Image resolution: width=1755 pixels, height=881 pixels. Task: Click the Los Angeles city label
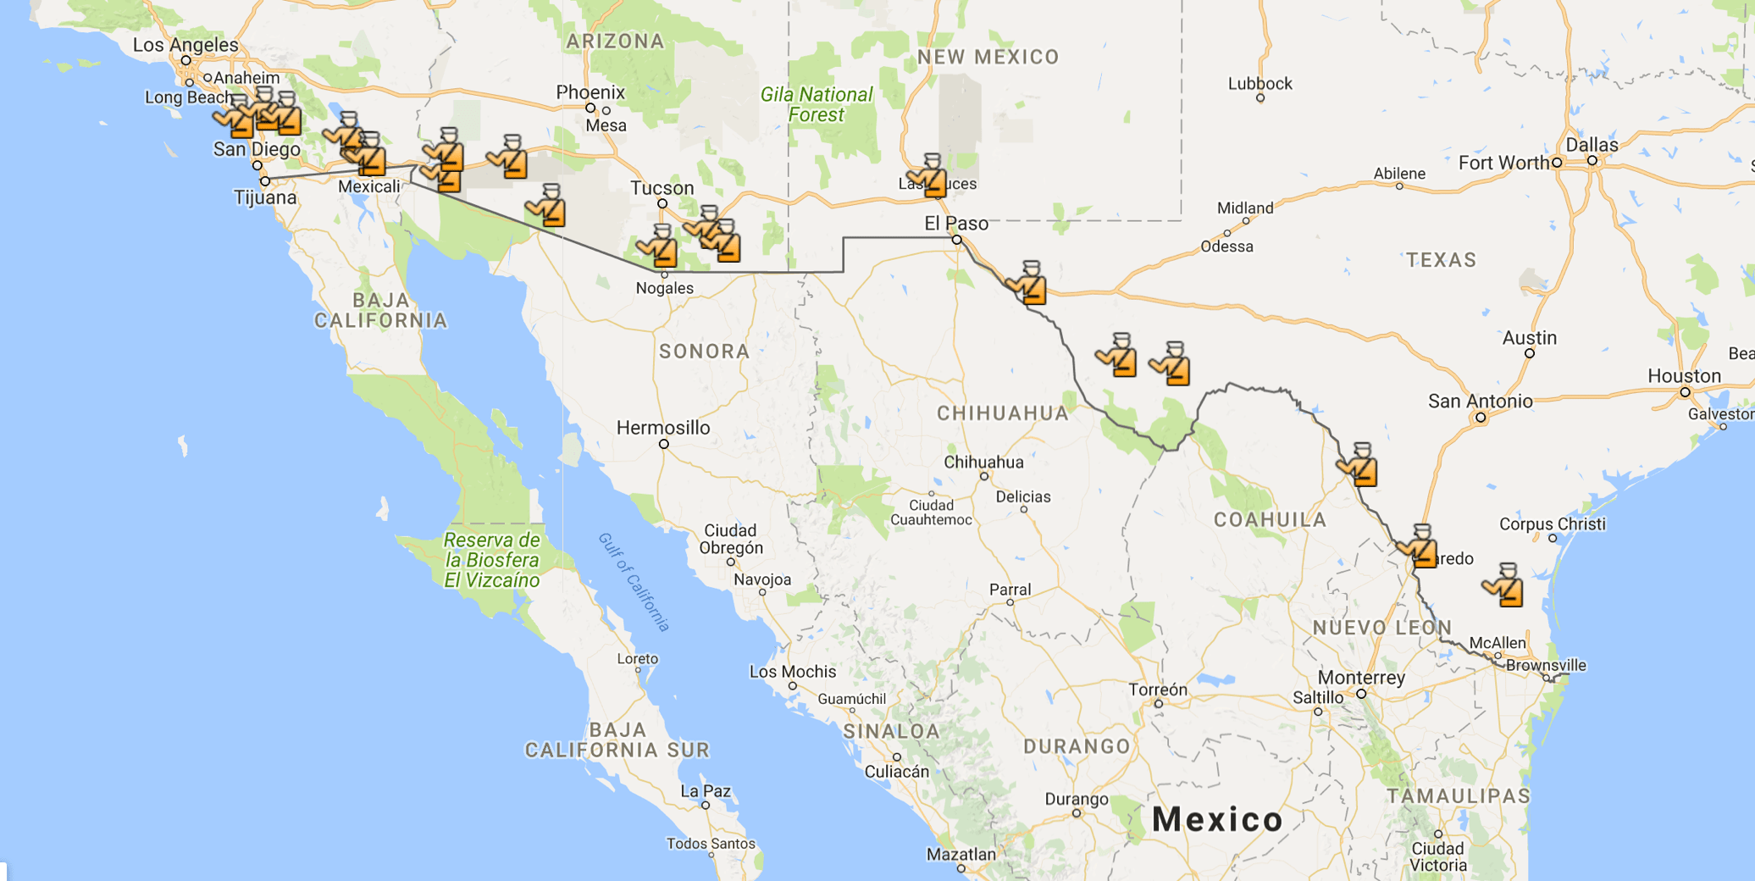click(185, 45)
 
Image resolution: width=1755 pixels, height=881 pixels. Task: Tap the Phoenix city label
click(590, 92)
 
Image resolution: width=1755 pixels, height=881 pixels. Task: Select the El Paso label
click(956, 224)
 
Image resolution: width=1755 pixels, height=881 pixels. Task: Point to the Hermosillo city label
click(663, 428)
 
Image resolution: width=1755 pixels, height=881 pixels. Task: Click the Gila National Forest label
click(817, 105)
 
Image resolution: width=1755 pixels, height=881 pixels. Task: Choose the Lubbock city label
click(1260, 84)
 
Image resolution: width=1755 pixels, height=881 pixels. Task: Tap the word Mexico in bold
click(1217, 819)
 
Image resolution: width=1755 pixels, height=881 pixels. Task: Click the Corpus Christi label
click(1552, 524)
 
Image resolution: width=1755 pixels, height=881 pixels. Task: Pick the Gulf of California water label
click(634, 582)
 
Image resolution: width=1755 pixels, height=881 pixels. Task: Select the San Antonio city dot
click(1481, 418)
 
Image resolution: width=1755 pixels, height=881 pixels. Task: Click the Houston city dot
click(1686, 392)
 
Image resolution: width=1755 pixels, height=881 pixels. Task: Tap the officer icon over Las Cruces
click(930, 176)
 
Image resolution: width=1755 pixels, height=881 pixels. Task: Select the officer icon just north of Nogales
click(660, 247)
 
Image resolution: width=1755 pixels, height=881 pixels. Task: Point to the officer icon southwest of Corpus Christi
click(1505, 585)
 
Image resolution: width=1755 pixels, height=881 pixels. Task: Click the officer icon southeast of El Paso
click(1028, 283)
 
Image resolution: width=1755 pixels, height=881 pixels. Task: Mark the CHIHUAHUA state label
click(1003, 413)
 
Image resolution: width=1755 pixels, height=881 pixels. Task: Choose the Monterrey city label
click(1361, 678)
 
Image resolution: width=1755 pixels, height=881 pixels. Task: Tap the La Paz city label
click(706, 791)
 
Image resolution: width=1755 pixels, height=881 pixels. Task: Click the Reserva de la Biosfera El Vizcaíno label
click(491, 560)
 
